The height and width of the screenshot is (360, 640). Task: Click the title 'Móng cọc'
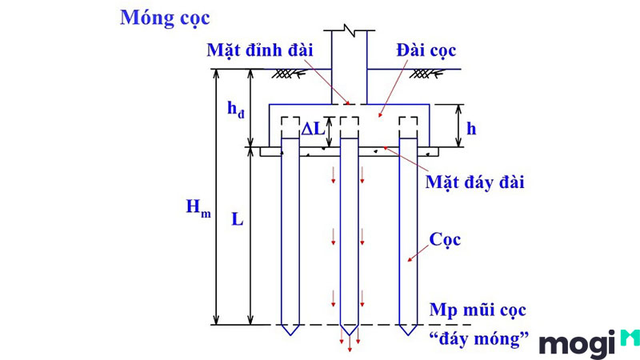(x=165, y=18)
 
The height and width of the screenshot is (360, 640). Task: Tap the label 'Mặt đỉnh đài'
(x=259, y=50)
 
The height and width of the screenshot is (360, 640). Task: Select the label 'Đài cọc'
(x=426, y=50)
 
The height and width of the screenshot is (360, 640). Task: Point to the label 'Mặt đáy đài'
(x=474, y=182)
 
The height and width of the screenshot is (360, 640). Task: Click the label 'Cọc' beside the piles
(x=445, y=239)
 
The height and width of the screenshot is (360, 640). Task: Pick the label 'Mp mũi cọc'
(x=478, y=310)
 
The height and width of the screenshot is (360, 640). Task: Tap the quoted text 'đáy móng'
(x=479, y=338)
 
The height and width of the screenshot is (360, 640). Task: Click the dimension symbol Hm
(x=198, y=207)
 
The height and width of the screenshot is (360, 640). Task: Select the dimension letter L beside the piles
(x=237, y=220)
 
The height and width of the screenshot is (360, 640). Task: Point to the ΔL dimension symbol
(x=313, y=129)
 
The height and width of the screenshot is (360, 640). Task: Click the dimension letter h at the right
(x=471, y=129)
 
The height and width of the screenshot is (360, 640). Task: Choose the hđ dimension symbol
(x=236, y=110)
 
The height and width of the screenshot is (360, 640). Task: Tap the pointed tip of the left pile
(x=290, y=335)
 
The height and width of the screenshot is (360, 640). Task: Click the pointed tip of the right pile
(x=408, y=335)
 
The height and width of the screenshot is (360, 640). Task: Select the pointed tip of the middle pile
(x=350, y=335)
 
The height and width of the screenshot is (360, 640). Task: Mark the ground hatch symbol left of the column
(x=289, y=74)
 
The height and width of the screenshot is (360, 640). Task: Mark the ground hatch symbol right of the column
(x=426, y=74)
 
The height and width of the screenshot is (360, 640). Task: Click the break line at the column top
(x=350, y=30)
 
